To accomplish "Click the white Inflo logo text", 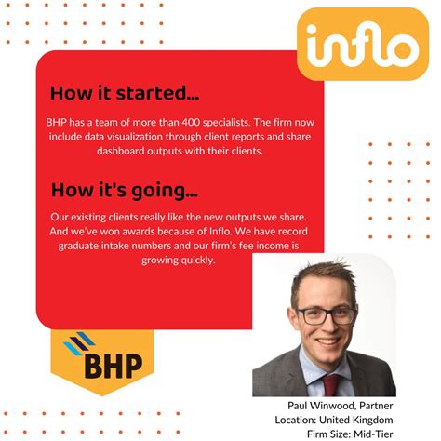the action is point(363,45).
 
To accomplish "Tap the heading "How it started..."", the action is point(125,93).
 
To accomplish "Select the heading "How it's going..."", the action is point(125,190).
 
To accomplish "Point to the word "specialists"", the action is point(226,122).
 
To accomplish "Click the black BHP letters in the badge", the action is point(114,366).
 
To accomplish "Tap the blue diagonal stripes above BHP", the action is point(79,342).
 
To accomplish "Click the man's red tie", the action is point(330,384).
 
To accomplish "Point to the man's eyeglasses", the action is point(326,315).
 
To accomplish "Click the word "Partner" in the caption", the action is point(376,406).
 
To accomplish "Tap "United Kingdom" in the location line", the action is point(356,420).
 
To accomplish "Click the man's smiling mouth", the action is point(328,341).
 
